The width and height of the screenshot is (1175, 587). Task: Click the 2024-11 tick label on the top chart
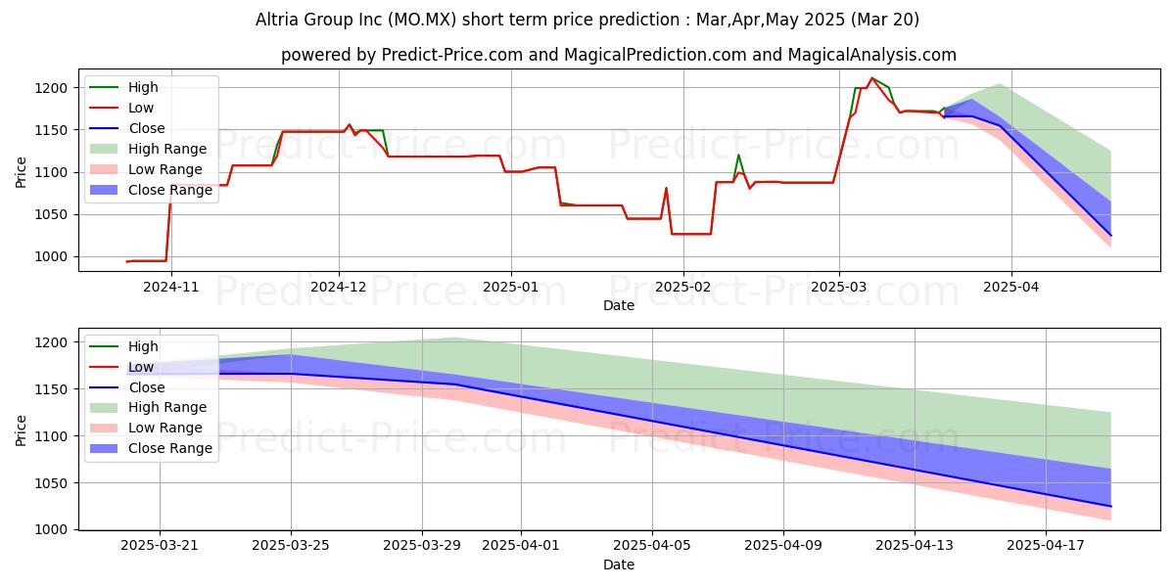click(170, 287)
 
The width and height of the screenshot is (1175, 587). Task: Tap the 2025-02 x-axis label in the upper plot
click(682, 287)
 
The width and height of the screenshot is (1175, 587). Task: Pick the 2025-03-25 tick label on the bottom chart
click(291, 546)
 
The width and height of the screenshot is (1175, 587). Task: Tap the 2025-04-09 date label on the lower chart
click(783, 546)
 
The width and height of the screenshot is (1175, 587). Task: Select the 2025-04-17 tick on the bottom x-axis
click(1046, 546)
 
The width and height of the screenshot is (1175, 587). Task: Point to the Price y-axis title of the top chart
click(22, 172)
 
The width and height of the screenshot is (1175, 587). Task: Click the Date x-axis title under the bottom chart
click(618, 564)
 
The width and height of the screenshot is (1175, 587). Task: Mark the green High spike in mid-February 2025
click(738, 155)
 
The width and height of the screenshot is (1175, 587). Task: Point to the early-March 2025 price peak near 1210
click(871, 78)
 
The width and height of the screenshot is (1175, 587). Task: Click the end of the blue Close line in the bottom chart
click(1110, 506)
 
